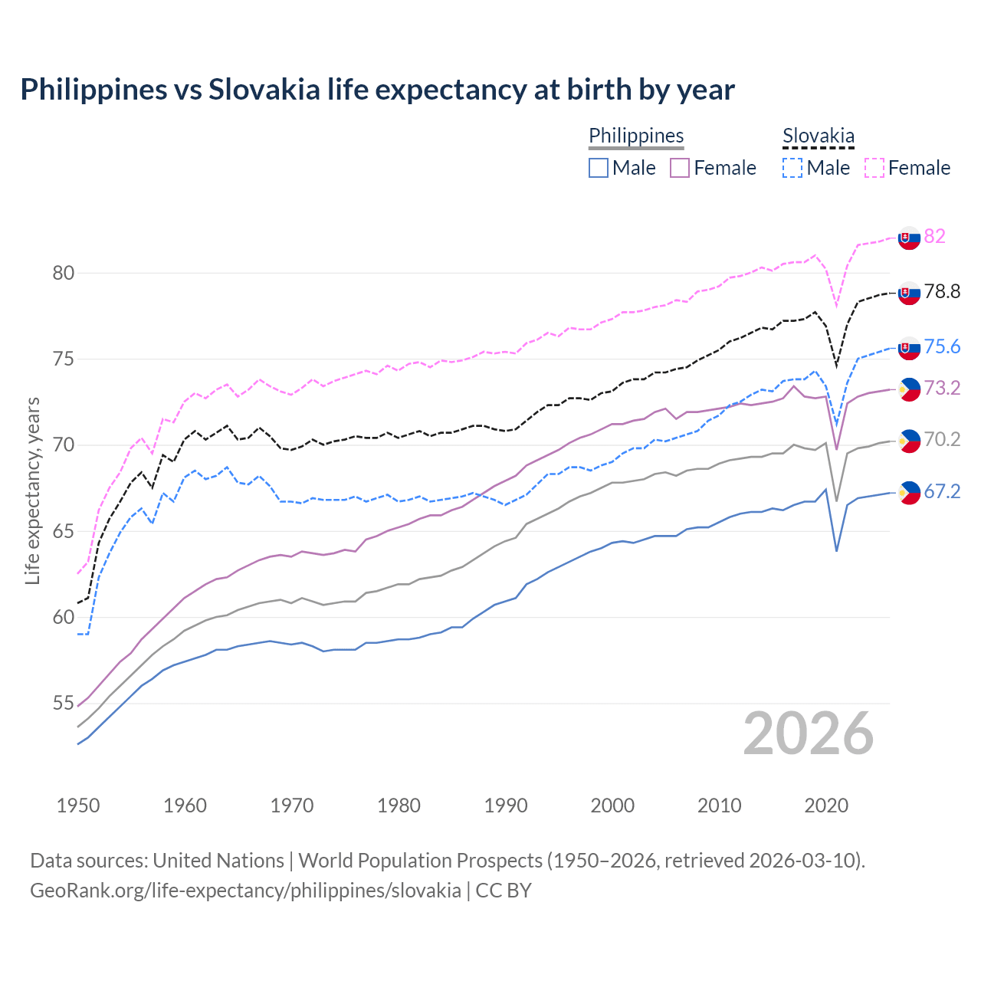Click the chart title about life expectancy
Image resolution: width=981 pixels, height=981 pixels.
click(377, 90)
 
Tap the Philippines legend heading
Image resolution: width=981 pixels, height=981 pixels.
click(636, 136)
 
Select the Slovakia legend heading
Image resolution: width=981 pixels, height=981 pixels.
click(818, 136)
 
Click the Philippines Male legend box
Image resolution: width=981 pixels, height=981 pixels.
click(599, 168)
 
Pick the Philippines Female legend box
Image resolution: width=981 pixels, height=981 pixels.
click(680, 168)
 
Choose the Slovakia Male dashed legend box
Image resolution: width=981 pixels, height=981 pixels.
click(792, 168)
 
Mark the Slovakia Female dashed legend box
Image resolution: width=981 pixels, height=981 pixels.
click(874, 168)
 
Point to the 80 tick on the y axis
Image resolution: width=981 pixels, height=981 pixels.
click(64, 273)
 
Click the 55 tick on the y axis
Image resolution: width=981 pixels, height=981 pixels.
click(64, 703)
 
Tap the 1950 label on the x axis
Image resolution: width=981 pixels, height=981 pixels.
click(78, 805)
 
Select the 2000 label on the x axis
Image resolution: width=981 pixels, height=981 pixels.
click(612, 805)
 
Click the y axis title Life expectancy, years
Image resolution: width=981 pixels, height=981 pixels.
click(33, 490)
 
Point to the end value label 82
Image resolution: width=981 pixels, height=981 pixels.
click(934, 236)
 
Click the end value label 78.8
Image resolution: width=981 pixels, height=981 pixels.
click(942, 291)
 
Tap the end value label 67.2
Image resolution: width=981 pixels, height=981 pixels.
click(942, 491)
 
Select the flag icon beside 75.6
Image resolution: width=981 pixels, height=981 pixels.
click(909, 347)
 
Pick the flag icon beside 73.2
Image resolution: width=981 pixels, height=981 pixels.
click(909, 389)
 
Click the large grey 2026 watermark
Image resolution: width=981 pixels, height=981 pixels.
click(808, 733)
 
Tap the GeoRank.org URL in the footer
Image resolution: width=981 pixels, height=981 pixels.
click(245, 891)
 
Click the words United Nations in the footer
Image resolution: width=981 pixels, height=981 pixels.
click(218, 861)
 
